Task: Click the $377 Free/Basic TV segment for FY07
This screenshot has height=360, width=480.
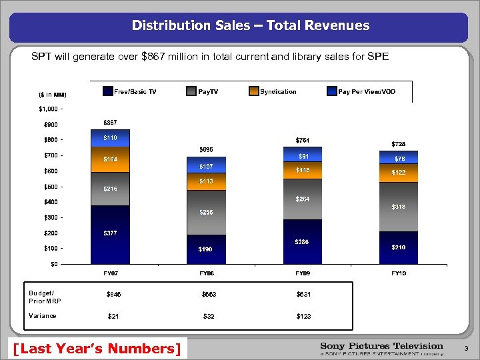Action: click(x=111, y=234)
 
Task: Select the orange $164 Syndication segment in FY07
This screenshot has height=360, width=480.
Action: click(x=111, y=159)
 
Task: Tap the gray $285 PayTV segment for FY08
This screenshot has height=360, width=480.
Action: click(x=206, y=212)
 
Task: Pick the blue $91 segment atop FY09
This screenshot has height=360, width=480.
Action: click(x=303, y=156)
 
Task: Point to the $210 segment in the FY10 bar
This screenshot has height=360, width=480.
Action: click(x=398, y=247)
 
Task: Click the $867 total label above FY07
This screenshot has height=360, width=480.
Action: click(x=111, y=123)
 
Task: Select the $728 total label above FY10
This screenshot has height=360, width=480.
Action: click(x=398, y=143)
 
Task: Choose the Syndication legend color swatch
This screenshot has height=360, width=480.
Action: click(x=253, y=91)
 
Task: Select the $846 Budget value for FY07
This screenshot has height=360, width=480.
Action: click(x=114, y=294)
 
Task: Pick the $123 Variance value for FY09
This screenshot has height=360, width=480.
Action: click(x=304, y=316)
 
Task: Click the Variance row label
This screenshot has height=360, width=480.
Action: click(x=43, y=316)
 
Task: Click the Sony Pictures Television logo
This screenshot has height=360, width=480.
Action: click(x=381, y=348)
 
